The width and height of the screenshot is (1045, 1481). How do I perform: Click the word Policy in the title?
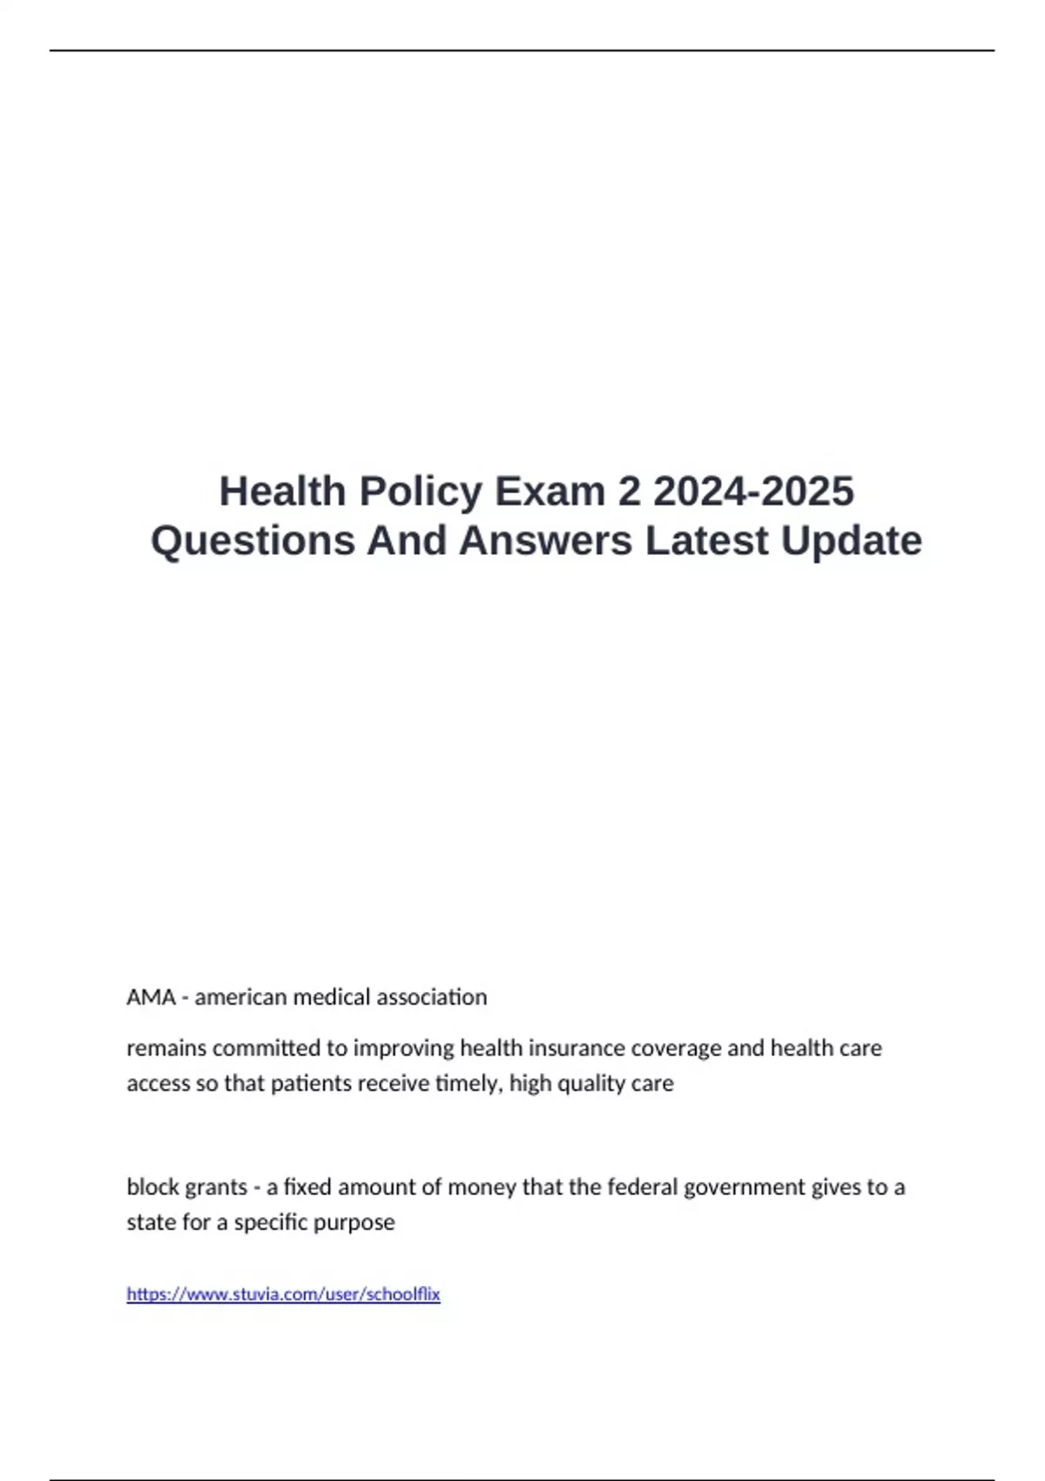(x=421, y=491)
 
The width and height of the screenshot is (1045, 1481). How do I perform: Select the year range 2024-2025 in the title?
(x=753, y=491)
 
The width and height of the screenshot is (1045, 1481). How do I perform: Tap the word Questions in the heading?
(x=252, y=540)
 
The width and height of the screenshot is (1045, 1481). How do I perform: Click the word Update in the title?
(x=851, y=540)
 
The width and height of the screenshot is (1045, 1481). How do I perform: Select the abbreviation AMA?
(x=151, y=997)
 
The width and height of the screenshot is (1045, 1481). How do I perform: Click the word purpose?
(x=357, y=1222)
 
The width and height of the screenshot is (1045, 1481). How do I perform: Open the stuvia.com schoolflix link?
(x=283, y=1295)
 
